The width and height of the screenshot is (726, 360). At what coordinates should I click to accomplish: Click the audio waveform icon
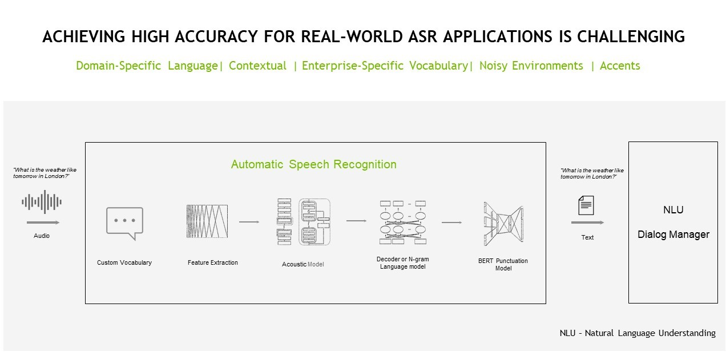coord(42,201)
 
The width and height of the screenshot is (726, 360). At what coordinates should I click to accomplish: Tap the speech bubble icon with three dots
coord(124,223)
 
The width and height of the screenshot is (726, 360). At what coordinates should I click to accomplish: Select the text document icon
coord(586,205)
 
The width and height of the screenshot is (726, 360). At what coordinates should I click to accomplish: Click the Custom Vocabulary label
coord(124,262)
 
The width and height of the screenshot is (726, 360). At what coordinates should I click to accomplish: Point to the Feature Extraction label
coord(213,262)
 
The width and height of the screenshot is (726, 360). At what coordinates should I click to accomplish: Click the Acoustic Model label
coord(303,264)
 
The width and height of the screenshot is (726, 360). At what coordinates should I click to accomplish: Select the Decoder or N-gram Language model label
coord(402,263)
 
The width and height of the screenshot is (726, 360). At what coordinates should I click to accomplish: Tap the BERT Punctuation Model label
coord(503,264)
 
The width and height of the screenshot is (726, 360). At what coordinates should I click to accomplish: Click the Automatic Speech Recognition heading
coord(313,164)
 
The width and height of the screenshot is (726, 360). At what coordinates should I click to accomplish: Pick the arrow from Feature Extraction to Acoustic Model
coord(249,221)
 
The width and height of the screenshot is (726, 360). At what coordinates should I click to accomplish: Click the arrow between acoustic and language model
coord(356,221)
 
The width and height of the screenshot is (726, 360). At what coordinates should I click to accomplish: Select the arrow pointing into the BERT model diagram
coord(451,223)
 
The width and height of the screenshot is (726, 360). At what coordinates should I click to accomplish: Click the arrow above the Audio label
coord(43,223)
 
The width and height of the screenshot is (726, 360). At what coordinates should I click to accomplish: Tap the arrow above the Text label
coord(587,223)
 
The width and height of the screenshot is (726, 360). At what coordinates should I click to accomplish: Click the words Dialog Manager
coord(673,234)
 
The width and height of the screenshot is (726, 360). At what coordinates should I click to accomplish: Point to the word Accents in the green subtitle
coord(620,66)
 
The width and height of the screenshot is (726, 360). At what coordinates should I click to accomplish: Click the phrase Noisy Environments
coord(531,66)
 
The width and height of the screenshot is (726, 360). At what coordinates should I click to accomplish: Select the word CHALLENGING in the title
coord(630,37)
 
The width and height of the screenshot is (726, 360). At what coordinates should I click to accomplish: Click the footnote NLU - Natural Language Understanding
coord(638,333)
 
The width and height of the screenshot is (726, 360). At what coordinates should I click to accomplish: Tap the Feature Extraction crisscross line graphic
coord(207,221)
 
